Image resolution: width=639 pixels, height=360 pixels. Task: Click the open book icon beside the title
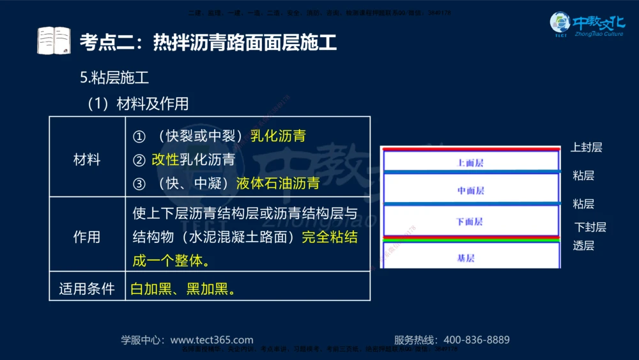click(54, 41)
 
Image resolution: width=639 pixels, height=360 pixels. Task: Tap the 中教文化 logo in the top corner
click(587, 25)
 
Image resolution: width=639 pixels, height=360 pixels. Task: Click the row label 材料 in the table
click(87, 160)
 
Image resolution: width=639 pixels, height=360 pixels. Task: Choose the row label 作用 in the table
click(87, 237)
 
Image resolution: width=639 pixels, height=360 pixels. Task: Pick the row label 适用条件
click(87, 288)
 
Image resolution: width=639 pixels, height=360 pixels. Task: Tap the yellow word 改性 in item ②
click(165, 160)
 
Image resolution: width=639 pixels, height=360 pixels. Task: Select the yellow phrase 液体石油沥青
click(277, 184)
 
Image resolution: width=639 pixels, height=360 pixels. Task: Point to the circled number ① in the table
click(139, 136)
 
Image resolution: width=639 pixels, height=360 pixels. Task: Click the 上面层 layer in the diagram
click(470, 163)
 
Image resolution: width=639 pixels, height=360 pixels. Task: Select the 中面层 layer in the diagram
click(470, 191)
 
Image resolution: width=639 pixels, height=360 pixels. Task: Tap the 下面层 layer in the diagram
click(470, 221)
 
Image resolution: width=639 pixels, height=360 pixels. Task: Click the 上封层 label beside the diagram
click(586, 148)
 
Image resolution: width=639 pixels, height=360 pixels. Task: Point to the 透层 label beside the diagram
click(583, 246)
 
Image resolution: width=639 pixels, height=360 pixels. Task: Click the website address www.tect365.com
click(212, 340)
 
